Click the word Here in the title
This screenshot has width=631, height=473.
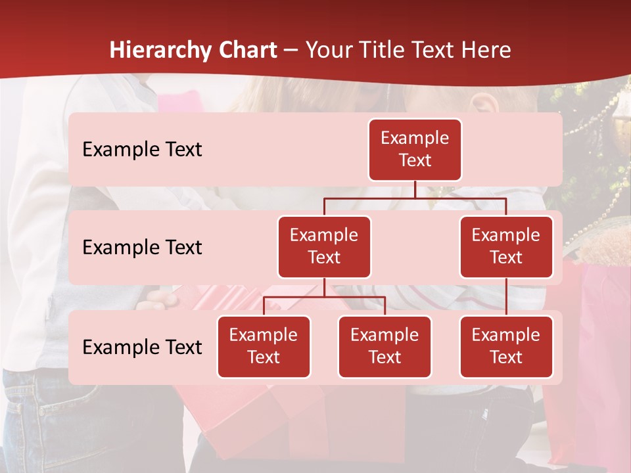(487, 51)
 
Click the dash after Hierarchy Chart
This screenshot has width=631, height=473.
(291, 51)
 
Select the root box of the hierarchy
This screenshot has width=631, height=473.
(415, 150)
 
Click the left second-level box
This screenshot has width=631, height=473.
(324, 246)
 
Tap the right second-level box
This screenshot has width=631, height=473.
(506, 246)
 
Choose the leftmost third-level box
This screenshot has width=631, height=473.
(264, 346)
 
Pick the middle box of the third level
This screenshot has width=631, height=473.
(385, 346)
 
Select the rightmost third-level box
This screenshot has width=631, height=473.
(506, 346)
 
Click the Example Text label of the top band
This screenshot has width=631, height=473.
(142, 150)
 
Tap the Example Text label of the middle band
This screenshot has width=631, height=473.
(142, 248)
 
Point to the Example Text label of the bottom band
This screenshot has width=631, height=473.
(142, 348)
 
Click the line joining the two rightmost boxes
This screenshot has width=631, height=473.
(506, 296)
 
